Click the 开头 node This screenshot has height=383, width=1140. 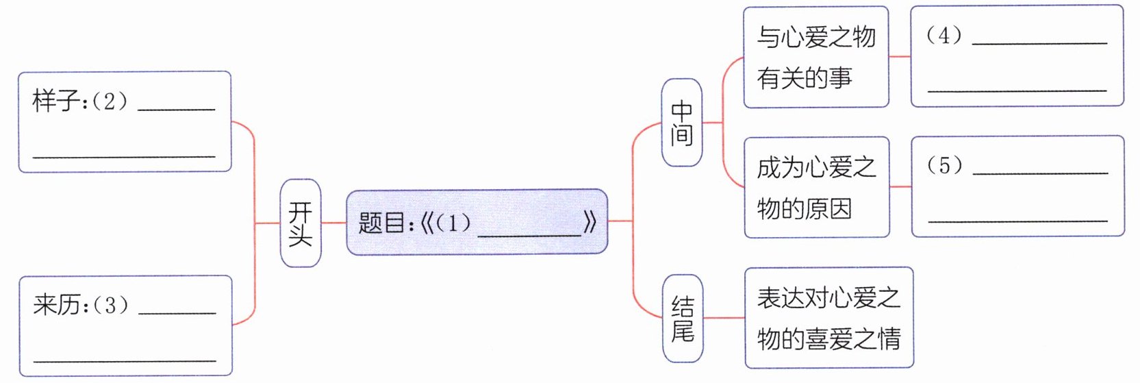(300, 223)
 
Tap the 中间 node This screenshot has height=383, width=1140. (682, 123)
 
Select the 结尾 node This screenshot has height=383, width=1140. (683, 318)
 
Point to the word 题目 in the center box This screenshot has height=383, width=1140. (381, 223)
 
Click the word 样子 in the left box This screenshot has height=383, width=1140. (55, 101)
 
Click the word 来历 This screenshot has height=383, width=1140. (55, 304)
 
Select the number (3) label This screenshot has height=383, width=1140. (110, 304)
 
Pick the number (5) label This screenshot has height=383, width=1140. (944, 165)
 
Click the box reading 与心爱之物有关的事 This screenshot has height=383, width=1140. (815, 57)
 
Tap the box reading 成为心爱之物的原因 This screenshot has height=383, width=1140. (816, 187)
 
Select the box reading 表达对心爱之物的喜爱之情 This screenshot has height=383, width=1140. (828, 318)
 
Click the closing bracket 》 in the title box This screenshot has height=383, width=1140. (590, 222)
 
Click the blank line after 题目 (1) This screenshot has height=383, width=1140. (529, 234)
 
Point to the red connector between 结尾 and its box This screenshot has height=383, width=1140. (724, 318)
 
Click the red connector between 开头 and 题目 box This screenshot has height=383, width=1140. (333, 223)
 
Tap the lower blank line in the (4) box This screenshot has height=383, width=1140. (1017, 90)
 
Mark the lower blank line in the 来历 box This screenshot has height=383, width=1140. (125, 360)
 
